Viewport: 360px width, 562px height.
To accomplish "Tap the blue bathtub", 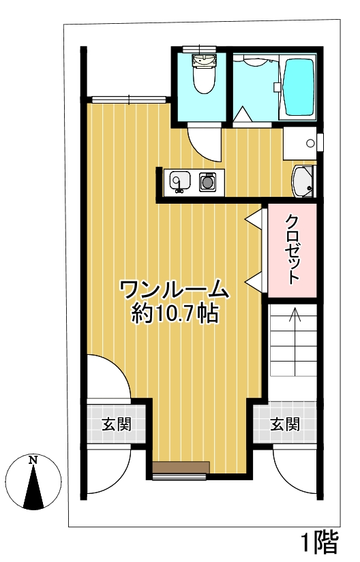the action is pyautogui.click(x=299, y=87).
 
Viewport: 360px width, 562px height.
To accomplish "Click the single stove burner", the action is pyautogui.click(x=207, y=182).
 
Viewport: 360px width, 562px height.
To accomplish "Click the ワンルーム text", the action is pyautogui.click(x=174, y=290).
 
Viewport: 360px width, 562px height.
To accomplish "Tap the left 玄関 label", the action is pyautogui.click(x=117, y=424).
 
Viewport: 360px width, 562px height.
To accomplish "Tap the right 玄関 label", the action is pyautogui.click(x=285, y=424).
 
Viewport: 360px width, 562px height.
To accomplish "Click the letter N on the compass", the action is pyautogui.click(x=33, y=460).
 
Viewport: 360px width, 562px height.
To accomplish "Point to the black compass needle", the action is pyautogui.click(x=33, y=487).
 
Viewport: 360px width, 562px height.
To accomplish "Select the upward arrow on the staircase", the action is pyautogui.click(x=295, y=341).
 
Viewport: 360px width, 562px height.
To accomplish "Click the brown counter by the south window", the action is pyautogui.click(x=181, y=467).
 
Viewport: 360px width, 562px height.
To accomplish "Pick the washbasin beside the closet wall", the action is pyautogui.click(x=303, y=181).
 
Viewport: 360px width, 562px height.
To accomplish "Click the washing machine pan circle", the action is pyautogui.click(x=310, y=143).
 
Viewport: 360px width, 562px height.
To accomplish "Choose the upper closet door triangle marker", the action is pyautogui.click(x=254, y=218).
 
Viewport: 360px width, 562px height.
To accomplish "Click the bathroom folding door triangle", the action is pyautogui.click(x=243, y=114).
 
